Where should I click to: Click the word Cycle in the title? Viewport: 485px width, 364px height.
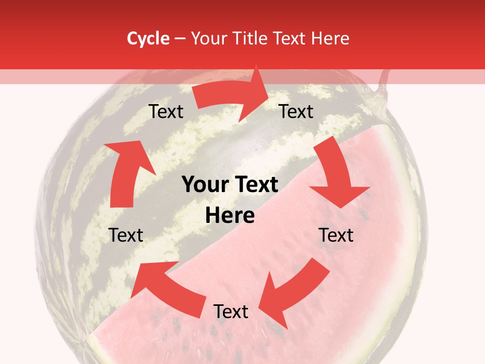click(148, 38)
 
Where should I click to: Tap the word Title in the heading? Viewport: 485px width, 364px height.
click(253, 38)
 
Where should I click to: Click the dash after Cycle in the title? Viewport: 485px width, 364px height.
click(179, 38)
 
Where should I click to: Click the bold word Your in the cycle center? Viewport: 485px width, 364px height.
click(201, 185)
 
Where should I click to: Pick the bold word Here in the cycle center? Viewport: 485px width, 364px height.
click(230, 216)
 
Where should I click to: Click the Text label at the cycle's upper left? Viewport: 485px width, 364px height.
click(166, 112)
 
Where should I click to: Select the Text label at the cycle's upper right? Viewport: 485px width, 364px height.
click(297, 112)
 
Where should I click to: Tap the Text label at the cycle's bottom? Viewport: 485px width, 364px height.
click(231, 312)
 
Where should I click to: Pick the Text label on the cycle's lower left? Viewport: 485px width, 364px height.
click(126, 235)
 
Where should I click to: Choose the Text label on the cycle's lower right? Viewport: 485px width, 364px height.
click(336, 235)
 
